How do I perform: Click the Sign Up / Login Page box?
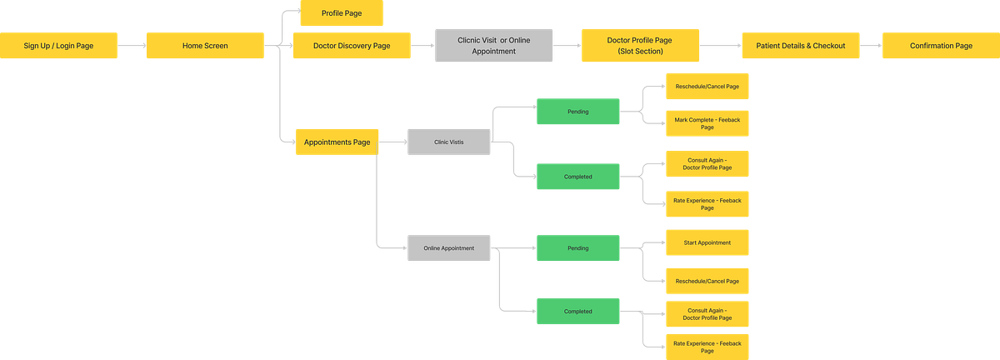click(x=58, y=46)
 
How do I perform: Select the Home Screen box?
click(x=205, y=46)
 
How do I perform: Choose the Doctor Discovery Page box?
click(x=352, y=46)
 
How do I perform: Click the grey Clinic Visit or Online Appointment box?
click(x=493, y=45)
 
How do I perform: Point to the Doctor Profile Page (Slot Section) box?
click(x=639, y=45)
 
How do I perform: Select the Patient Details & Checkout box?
click(x=801, y=46)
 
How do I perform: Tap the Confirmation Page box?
click(x=940, y=46)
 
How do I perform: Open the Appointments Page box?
click(x=337, y=142)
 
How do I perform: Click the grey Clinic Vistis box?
click(x=448, y=142)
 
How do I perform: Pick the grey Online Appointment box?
click(x=448, y=248)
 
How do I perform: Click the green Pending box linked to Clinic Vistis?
click(x=577, y=112)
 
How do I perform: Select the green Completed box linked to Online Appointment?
click(x=577, y=312)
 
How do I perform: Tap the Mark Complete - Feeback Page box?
click(x=707, y=123)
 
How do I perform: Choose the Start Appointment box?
click(x=707, y=242)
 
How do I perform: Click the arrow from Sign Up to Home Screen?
click(x=132, y=46)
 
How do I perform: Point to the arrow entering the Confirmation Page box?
click(x=870, y=46)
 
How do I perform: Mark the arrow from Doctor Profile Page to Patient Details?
click(x=719, y=46)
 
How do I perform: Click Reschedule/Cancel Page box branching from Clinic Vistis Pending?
click(x=707, y=86)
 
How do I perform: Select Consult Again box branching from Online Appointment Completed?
click(x=707, y=312)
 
